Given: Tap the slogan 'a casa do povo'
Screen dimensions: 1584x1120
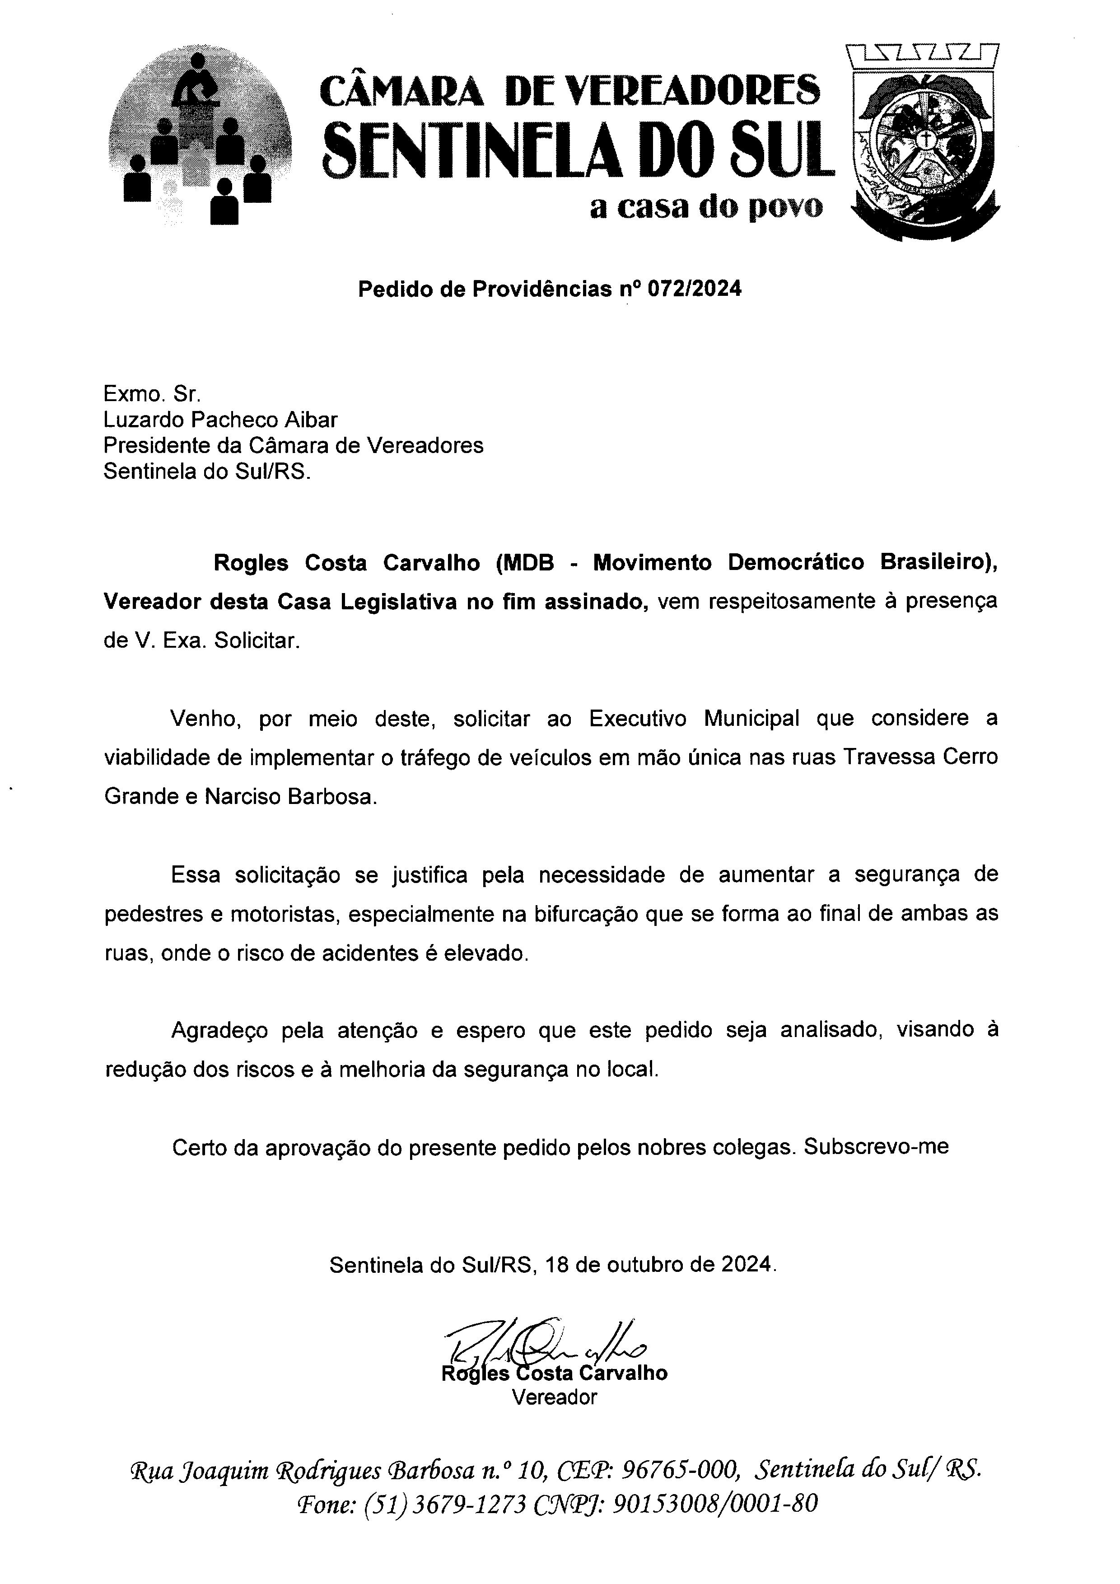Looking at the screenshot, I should point(705,207).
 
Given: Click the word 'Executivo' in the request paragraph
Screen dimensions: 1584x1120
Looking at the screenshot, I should point(637,719).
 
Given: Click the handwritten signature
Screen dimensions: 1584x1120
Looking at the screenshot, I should point(545,1343).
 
